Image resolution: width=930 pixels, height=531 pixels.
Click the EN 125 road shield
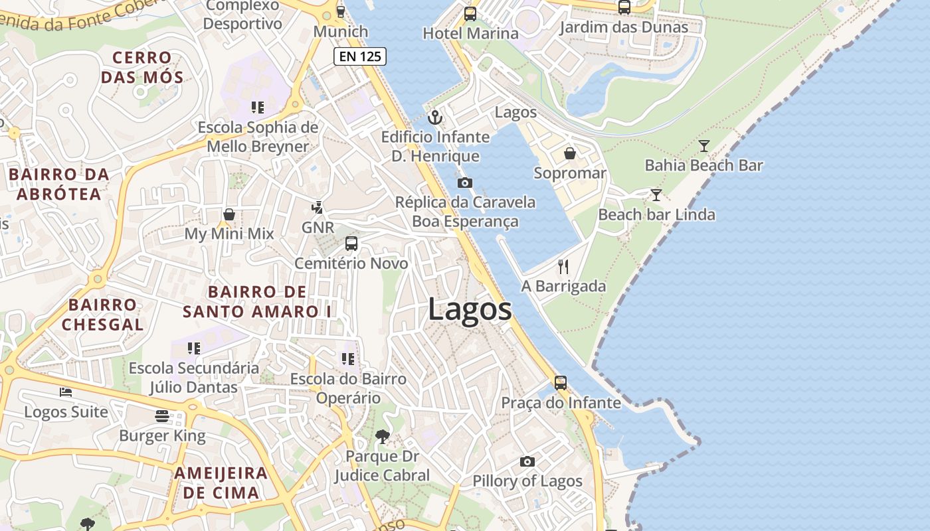tap(360, 56)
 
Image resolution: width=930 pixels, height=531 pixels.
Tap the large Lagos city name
tap(470, 309)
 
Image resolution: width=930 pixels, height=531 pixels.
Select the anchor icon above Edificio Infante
tap(435, 117)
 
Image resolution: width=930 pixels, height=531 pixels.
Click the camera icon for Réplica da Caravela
tap(465, 183)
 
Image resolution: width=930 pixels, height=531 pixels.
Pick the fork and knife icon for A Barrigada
tap(563, 267)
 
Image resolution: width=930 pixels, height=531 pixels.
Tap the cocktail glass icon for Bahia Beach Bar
tap(704, 145)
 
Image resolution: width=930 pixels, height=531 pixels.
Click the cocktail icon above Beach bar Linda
tap(656, 194)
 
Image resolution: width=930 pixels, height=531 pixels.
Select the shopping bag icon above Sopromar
tap(570, 153)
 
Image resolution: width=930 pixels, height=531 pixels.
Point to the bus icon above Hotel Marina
tap(470, 13)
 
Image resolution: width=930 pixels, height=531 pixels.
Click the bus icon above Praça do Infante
tap(561, 383)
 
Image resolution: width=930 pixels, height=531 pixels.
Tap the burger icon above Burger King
tap(162, 416)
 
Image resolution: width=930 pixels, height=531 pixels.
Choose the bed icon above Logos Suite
tap(66, 392)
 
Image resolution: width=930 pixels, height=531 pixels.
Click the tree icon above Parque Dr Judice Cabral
tap(382, 436)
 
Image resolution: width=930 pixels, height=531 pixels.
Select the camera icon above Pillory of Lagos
tap(527, 461)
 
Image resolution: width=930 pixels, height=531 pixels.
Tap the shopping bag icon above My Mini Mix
tap(229, 214)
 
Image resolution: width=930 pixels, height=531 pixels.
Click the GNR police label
tap(318, 228)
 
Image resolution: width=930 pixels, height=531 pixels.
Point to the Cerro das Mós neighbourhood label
tap(141, 67)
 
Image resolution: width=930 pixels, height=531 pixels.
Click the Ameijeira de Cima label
tap(221, 483)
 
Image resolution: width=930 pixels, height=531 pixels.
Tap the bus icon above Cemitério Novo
tap(351, 244)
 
